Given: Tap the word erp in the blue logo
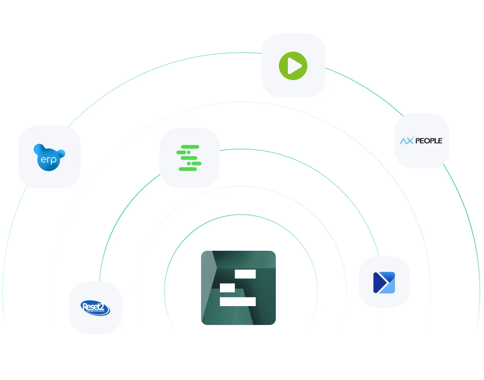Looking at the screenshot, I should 48,160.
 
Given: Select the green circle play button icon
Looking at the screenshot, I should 293,66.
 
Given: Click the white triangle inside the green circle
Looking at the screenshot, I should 294,66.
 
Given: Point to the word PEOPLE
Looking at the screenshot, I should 429,141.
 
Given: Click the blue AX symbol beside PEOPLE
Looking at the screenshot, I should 406,141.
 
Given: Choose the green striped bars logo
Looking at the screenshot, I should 189,158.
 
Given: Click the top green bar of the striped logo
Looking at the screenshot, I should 190,147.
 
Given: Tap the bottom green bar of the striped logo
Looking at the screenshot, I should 188,169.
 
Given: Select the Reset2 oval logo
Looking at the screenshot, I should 95,308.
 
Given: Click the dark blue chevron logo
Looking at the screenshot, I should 384,282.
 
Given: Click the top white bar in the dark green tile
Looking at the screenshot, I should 245,274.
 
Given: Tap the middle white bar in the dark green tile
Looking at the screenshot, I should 227,288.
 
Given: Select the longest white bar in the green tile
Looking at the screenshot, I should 238,301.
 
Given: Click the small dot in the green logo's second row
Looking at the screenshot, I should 189,152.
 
